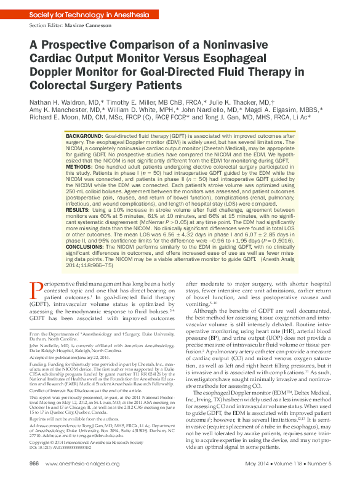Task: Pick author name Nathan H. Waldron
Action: pos(57,102)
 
